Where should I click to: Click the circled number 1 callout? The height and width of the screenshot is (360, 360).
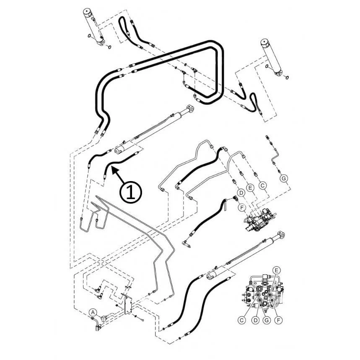click(131, 192)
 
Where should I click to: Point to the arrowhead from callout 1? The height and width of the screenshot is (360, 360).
click(114, 170)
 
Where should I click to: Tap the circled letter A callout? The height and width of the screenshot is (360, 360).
click(93, 312)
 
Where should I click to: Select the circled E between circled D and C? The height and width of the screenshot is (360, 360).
click(250, 188)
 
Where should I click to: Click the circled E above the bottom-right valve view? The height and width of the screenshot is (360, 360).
click(277, 270)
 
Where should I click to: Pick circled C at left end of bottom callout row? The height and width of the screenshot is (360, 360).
click(241, 320)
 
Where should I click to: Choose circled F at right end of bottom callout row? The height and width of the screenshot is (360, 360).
click(279, 320)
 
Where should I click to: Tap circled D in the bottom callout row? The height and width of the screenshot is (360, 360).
click(256, 320)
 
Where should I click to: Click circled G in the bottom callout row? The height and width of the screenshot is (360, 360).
click(267, 320)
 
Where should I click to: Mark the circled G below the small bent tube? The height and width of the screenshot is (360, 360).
click(284, 178)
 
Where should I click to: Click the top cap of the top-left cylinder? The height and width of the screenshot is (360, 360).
click(87, 11)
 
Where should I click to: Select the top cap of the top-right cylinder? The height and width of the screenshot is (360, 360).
click(265, 42)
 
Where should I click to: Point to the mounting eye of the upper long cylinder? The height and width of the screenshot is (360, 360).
click(190, 109)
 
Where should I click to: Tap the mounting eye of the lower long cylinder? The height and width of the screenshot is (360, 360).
click(281, 236)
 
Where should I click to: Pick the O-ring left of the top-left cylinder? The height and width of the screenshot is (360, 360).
click(89, 36)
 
